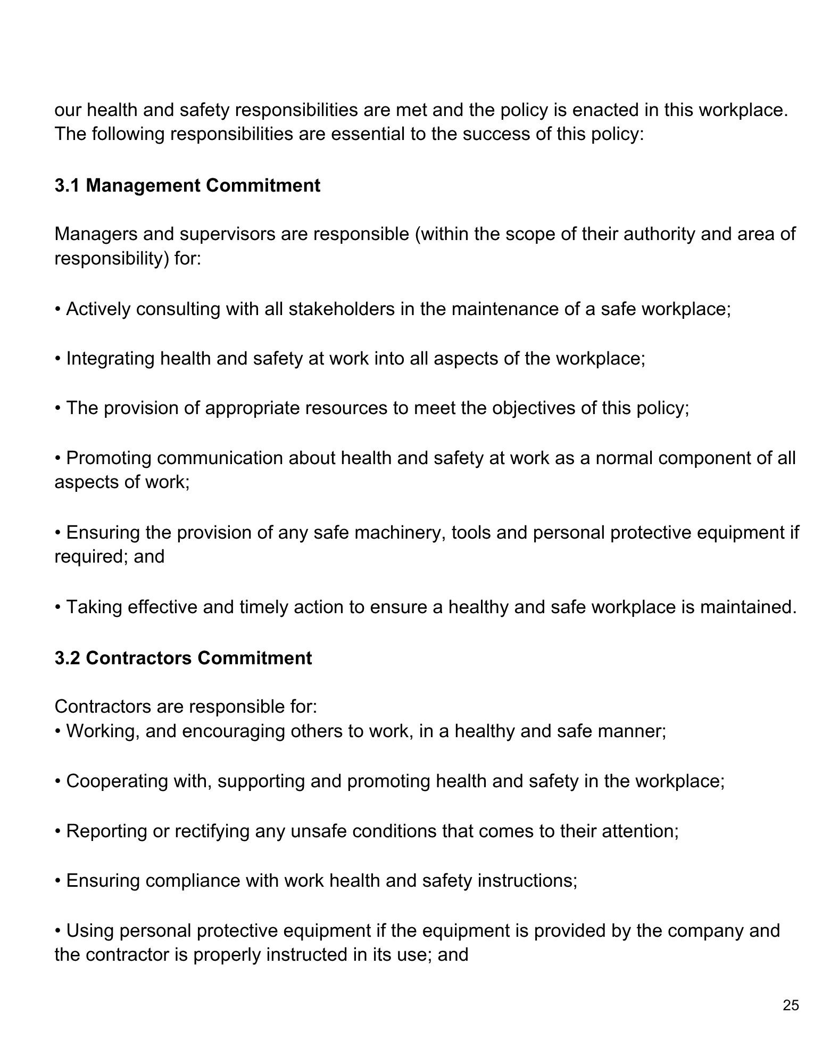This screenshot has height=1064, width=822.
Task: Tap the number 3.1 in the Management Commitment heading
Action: [x=67, y=185]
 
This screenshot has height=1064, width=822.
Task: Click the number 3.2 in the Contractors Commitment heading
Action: [x=67, y=658]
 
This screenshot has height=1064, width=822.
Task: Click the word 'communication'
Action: [x=220, y=458]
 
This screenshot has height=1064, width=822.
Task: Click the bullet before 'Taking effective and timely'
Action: [x=58, y=607]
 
